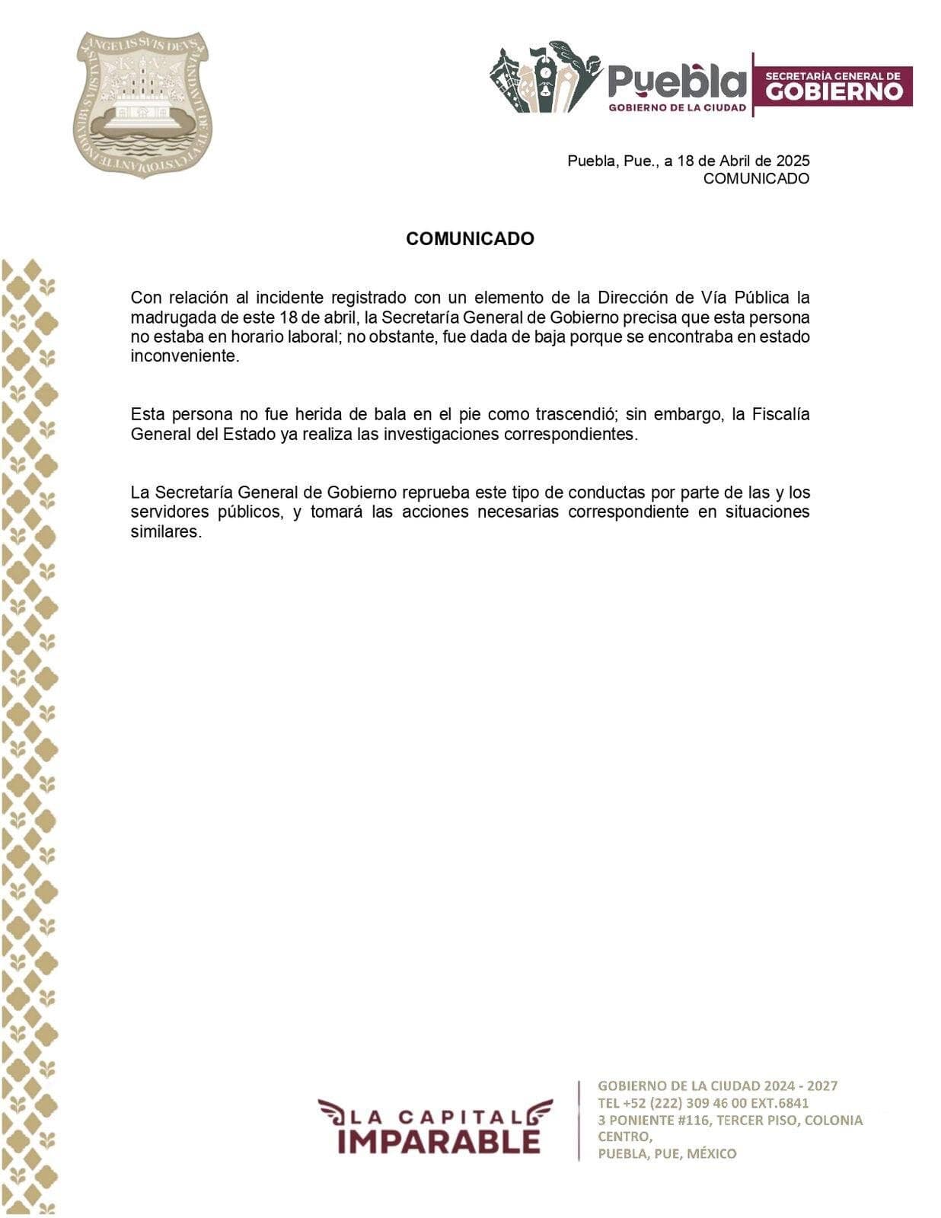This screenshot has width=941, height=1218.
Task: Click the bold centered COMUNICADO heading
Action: pos(470,238)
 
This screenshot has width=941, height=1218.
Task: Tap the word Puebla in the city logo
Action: pos(677,81)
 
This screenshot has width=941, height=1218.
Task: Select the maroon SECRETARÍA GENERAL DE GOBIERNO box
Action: pos(833,85)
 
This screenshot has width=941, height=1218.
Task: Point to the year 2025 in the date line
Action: pos(793,161)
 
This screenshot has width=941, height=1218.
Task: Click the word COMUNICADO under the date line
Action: pos(755,179)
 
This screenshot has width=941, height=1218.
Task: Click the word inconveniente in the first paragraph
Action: pos(184,356)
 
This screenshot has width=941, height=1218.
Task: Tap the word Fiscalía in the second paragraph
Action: pos(780,414)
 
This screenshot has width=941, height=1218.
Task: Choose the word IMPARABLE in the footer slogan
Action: pos(439,1141)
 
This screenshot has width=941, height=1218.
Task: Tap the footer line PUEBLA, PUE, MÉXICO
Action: pos(667,1153)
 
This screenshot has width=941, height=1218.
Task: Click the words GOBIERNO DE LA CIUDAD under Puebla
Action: pos(677,108)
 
